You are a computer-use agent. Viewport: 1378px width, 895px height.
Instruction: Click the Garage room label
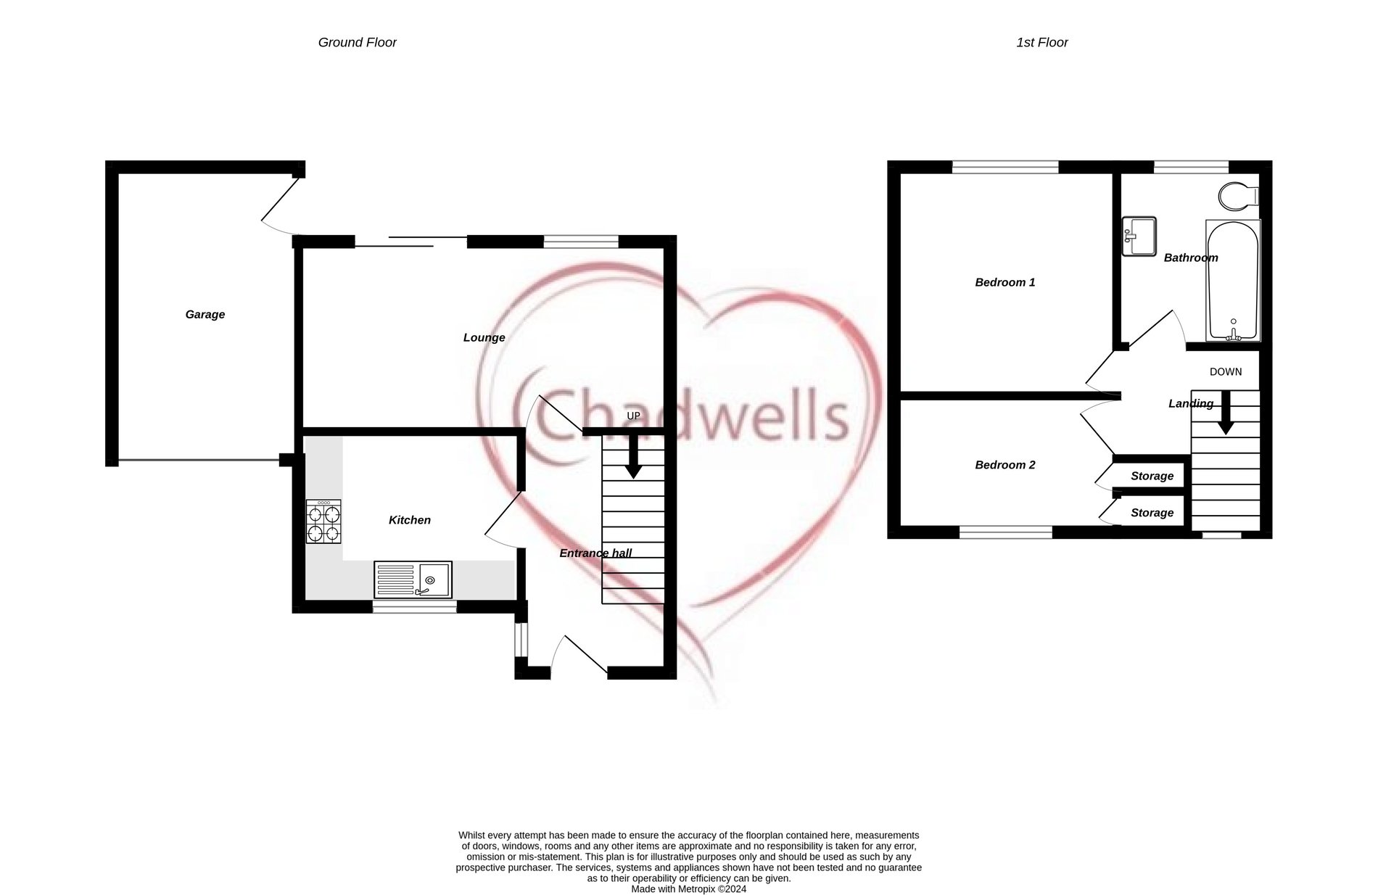(x=205, y=314)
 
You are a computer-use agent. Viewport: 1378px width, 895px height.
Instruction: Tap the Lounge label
(x=484, y=337)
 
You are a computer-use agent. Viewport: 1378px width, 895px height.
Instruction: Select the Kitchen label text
(x=409, y=520)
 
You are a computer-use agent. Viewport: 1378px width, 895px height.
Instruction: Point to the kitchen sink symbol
(x=413, y=580)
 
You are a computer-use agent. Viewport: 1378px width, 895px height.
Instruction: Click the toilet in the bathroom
(x=1237, y=194)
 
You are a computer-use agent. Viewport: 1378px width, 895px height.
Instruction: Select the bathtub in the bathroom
(x=1233, y=281)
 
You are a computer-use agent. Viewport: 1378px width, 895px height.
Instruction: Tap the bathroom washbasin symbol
(x=1139, y=236)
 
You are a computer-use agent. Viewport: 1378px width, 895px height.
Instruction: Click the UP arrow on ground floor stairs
(x=633, y=455)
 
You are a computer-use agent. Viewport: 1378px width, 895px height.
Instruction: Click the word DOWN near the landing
(x=1225, y=372)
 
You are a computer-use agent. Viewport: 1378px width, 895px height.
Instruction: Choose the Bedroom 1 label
(x=1004, y=282)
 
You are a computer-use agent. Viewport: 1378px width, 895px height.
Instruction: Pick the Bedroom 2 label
(x=1004, y=465)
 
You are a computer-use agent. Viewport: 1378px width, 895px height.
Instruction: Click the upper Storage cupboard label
(x=1152, y=476)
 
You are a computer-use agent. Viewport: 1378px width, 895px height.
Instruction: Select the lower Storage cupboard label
(x=1152, y=513)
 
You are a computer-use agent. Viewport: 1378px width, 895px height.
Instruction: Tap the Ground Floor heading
(x=357, y=43)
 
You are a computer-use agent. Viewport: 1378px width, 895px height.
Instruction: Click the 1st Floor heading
(x=1041, y=43)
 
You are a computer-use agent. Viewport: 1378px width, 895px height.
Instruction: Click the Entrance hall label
(x=595, y=553)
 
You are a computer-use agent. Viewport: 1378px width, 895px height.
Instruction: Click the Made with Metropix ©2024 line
(x=688, y=888)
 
